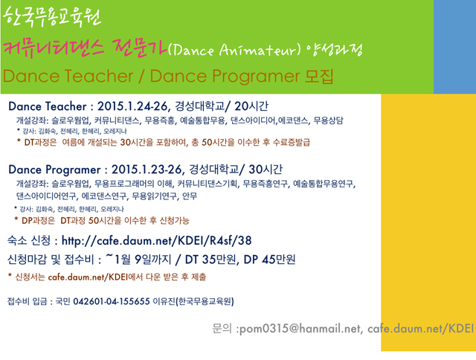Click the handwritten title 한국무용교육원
pyautogui.click(x=52, y=16)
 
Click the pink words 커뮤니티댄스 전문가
pyautogui.click(x=85, y=49)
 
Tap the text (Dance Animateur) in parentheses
pyautogui.click(x=234, y=50)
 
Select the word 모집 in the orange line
pyautogui.click(x=319, y=76)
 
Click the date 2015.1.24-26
pyautogui.click(x=132, y=106)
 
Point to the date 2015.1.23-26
pyautogui.click(x=147, y=169)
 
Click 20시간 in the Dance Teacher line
pyautogui.click(x=251, y=106)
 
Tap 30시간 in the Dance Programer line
pyautogui.click(x=266, y=169)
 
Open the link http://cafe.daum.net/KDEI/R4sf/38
pyautogui.click(x=157, y=241)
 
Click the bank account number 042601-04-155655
pyautogui.click(x=112, y=301)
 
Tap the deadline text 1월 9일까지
pyautogui.click(x=143, y=260)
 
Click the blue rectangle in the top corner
pyautogui.click(x=454, y=47)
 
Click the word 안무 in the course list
pyautogui.click(x=190, y=196)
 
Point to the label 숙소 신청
pyautogui.click(x=29, y=241)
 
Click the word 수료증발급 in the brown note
pyautogui.click(x=292, y=142)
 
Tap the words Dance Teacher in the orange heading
pyautogui.click(x=68, y=76)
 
